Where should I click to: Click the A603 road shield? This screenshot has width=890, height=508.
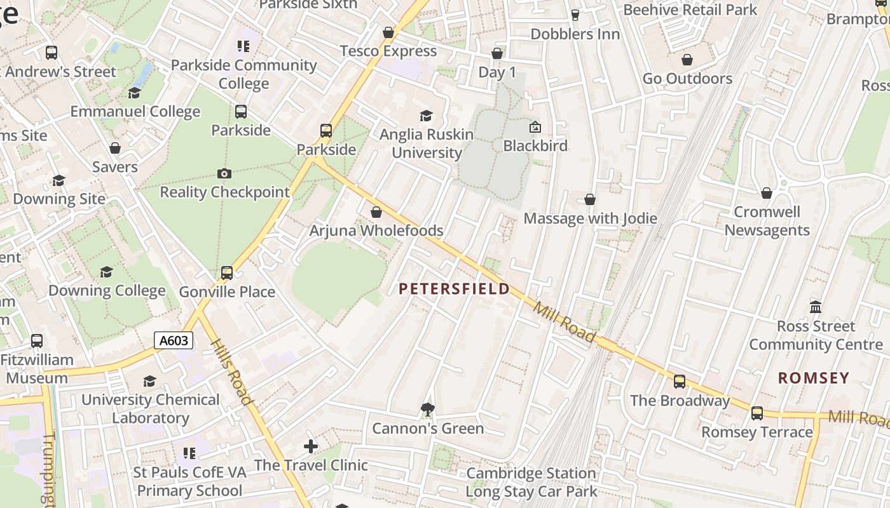[174, 341]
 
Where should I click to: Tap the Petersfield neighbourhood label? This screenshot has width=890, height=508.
[454, 290]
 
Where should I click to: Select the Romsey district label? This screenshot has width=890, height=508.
[814, 378]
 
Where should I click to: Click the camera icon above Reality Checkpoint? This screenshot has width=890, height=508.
[224, 173]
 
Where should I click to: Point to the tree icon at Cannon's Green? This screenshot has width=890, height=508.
[428, 410]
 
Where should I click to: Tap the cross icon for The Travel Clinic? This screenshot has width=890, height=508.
[311, 446]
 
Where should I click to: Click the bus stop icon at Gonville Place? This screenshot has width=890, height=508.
[227, 273]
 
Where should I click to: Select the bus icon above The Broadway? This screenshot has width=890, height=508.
[680, 382]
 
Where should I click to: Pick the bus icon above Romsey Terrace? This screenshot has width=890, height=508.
[756, 413]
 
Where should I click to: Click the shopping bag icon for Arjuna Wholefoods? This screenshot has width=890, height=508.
[376, 212]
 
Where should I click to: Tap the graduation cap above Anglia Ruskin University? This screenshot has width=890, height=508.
[426, 116]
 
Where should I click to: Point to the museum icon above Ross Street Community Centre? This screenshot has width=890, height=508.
[816, 307]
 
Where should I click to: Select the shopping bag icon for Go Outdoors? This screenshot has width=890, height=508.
[687, 60]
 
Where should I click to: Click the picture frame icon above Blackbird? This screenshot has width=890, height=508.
[535, 128]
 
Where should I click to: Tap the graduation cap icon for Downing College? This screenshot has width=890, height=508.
[106, 272]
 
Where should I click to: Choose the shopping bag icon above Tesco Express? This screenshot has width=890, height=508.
[388, 32]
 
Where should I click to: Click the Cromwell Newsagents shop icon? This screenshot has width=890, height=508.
[767, 193]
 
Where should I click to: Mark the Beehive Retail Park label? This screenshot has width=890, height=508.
[690, 10]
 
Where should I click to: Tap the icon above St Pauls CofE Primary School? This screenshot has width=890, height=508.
[189, 453]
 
